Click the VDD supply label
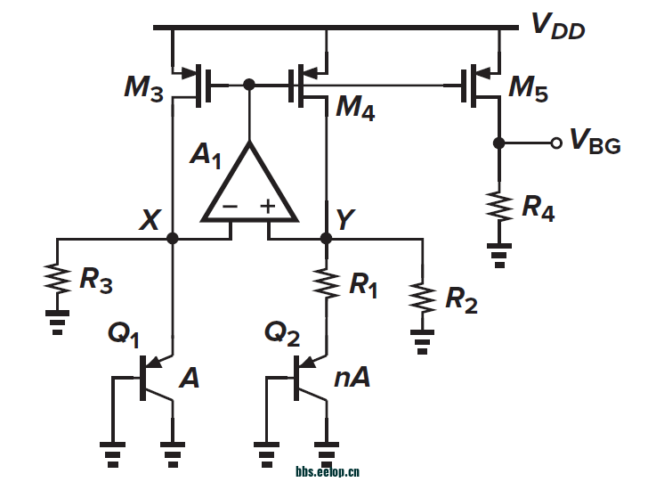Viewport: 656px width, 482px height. coord(558,26)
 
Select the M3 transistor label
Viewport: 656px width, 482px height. coord(143,88)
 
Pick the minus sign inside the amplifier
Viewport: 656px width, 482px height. coord(230,207)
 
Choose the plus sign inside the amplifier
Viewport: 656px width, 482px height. coord(268,207)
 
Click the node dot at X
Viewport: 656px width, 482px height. coord(173,239)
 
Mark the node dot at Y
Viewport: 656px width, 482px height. coord(327,239)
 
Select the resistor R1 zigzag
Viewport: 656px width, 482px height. coord(327,282)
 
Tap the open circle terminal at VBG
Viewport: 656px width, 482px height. coord(555,143)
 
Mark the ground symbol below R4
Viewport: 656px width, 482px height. coord(498,256)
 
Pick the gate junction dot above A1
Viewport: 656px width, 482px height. coord(250,85)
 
